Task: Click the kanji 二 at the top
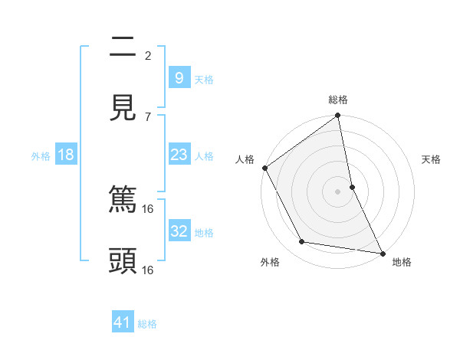click(x=123, y=47)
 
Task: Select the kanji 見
click(x=123, y=108)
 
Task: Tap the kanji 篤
click(x=123, y=200)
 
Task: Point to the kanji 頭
click(x=123, y=261)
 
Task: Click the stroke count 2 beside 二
click(x=148, y=55)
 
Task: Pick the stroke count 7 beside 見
click(x=148, y=116)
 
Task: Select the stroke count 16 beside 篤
click(x=148, y=208)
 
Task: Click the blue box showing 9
click(x=179, y=78)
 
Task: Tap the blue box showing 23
click(x=179, y=155)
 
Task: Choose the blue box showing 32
click(x=179, y=231)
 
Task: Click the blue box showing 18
click(x=66, y=155)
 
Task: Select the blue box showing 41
click(x=123, y=323)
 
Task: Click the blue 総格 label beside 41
click(x=147, y=324)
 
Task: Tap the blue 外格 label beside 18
click(x=41, y=155)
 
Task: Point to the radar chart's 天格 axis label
click(x=431, y=159)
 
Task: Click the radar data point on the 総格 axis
click(x=338, y=116)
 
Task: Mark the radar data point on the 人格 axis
click(x=265, y=168)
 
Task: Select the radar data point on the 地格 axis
click(x=382, y=253)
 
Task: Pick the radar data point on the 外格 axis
click(x=302, y=242)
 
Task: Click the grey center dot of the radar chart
click(x=338, y=191)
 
